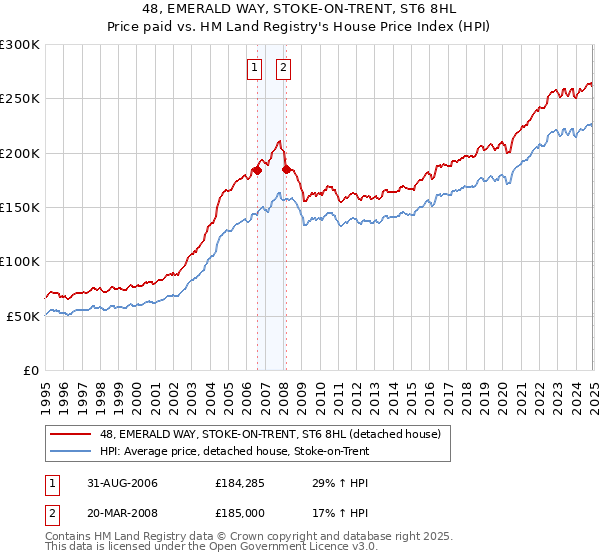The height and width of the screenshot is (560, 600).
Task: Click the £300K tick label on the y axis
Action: coord(20,45)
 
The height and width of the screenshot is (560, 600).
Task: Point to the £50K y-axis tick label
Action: coord(23,316)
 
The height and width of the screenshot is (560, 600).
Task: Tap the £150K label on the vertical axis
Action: coord(20,207)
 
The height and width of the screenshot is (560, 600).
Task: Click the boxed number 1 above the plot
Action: coord(254,68)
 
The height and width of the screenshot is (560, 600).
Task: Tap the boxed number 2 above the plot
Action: coord(284,68)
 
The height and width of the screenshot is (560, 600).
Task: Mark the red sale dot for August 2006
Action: coord(257,170)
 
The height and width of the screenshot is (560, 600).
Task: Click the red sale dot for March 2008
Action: coord(286,169)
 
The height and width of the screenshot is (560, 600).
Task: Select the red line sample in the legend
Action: coord(70,435)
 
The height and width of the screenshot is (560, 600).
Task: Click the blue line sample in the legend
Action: coord(70,451)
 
